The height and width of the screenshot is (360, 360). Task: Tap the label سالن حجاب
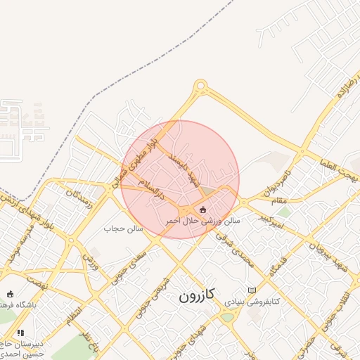(x=123, y=229)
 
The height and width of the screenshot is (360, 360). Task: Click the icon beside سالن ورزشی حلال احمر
(x=203, y=210)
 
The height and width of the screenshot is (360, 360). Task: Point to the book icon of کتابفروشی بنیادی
(x=252, y=290)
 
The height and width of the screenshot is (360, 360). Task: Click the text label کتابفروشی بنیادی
(x=252, y=301)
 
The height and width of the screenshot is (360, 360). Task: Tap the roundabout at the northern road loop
(x=201, y=86)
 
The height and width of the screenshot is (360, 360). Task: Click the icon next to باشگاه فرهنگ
(x=10, y=294)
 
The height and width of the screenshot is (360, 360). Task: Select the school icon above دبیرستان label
(x=20, y=333)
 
